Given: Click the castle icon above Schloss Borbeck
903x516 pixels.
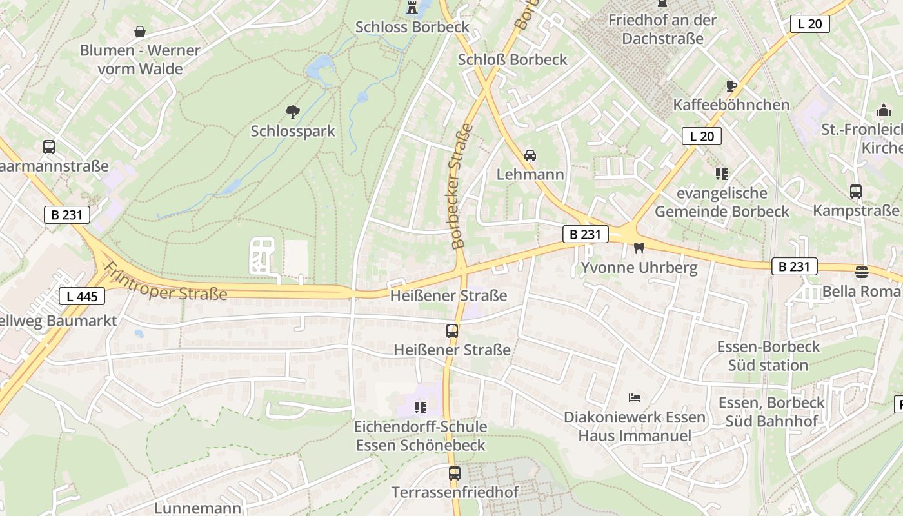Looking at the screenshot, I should [x=412, y=8].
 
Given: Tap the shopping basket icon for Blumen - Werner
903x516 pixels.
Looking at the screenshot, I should [x=140, y=31].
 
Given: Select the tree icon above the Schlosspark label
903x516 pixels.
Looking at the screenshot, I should [x=293, y=112].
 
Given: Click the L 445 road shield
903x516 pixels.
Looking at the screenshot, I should [x=82, y=296].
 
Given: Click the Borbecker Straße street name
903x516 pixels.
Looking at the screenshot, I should [x=462, y=186].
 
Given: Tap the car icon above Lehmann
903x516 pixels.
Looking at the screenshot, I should [x=530, y=155].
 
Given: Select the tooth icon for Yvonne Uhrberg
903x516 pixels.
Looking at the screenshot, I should [x=639, y=248].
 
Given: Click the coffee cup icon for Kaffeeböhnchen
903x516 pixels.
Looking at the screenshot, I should [x=731, y=86].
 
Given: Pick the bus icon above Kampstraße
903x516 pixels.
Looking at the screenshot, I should [x=855, y=192].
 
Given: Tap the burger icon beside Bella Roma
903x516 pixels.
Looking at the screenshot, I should [x=862, y=272].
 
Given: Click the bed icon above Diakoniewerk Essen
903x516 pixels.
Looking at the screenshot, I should [x=635, y=398].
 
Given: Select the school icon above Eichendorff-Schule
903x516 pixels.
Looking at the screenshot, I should [x=421, y=407].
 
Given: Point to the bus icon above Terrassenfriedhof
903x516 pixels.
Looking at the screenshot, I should [x=455, y=473].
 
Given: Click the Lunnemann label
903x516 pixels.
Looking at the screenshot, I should [x=197, y=508].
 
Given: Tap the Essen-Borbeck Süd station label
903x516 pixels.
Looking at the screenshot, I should [x=768, y=356].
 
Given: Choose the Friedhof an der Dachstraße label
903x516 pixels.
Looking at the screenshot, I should [x=662, y=29].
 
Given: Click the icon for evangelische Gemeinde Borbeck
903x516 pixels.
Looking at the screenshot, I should [x=721, y=174].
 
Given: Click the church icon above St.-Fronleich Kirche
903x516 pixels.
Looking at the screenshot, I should [x=883, y=111].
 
